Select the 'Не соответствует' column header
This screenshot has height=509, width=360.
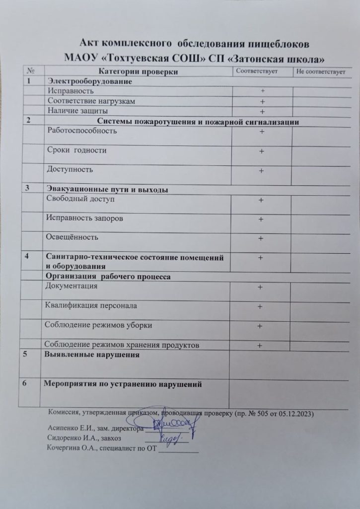coord(320,73)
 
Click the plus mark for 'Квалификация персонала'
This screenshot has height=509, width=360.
coord(259,307)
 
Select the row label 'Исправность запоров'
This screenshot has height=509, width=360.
coord(84,218)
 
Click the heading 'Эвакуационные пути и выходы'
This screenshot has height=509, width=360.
coord(106,190)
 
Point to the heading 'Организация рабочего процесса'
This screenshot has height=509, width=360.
coord(108,276)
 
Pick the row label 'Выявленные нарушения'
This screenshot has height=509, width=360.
coord(92,356)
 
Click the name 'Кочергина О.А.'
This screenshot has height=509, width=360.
coord(68,448)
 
